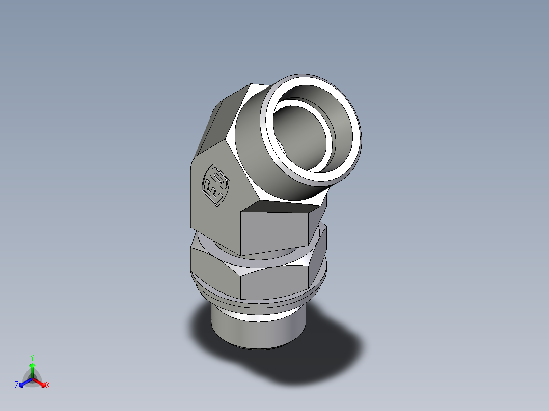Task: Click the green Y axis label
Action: click(32, 357)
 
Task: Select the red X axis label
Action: click(48, 386)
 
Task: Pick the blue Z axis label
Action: click(17, 386)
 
